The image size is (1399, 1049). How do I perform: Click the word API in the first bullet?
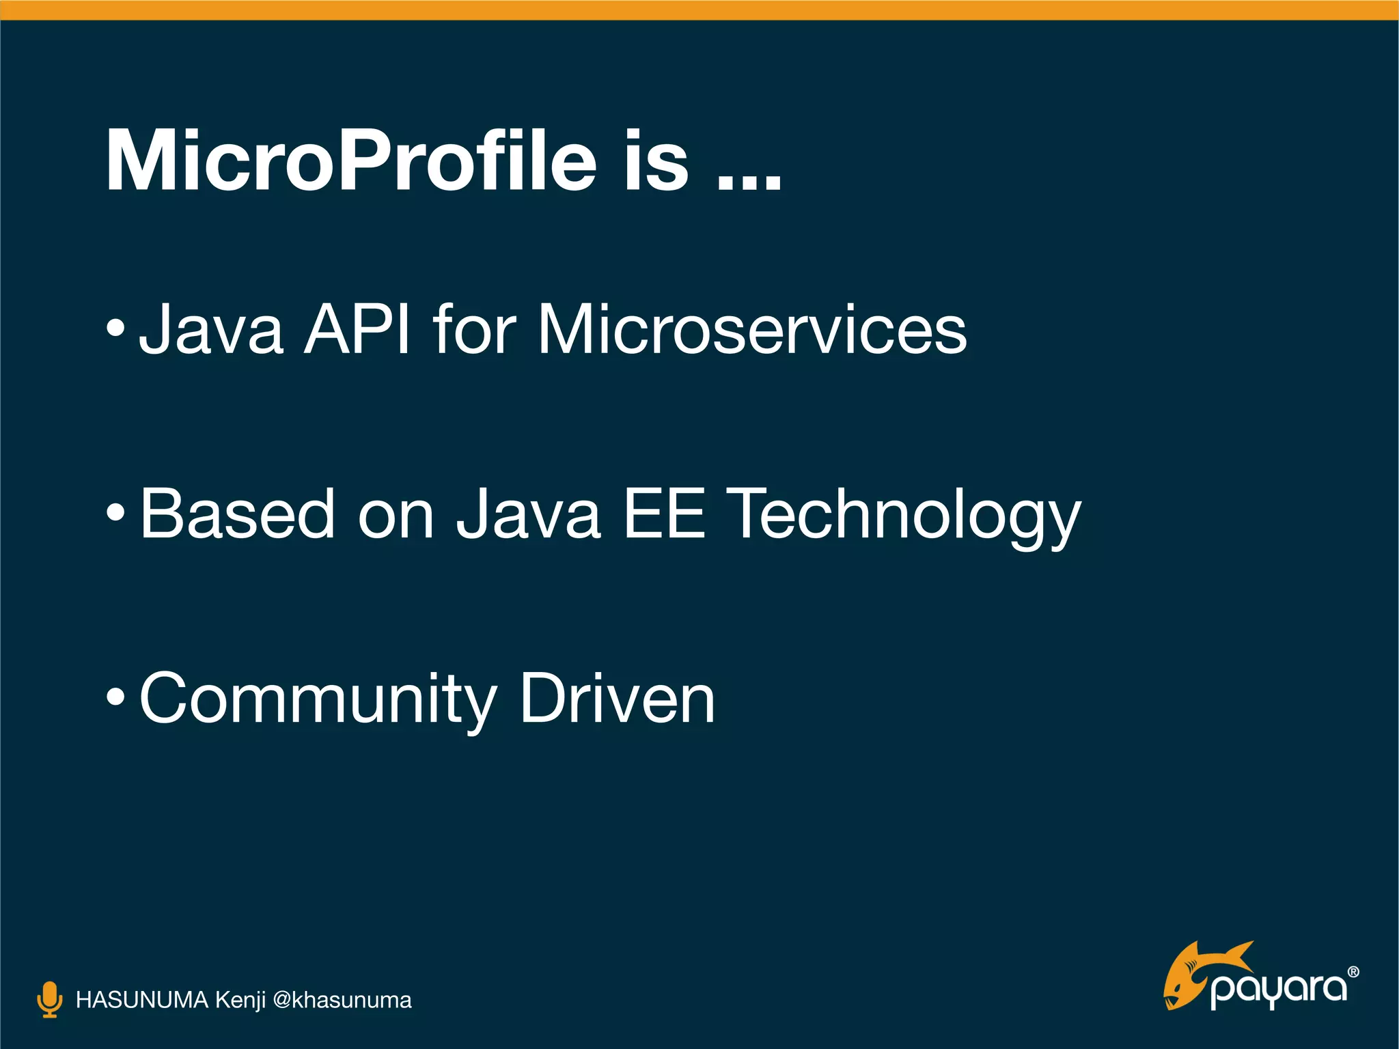coord(357,330)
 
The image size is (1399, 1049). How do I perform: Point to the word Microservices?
coord(752,330)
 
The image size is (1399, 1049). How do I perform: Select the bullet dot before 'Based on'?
coord(115,513)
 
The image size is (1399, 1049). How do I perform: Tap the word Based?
coord(237,513)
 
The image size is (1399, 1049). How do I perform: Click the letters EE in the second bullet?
coord(663,513)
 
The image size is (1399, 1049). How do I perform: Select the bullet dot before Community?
coord(115,697)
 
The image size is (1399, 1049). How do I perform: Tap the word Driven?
coord(617,697)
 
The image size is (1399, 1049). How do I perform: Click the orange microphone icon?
coord(49,999)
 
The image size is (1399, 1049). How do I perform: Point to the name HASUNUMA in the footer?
coord(141,1000)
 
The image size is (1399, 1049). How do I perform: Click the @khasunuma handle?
coord(342,1000)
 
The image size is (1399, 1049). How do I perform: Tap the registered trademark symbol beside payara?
coord(1353,972)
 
